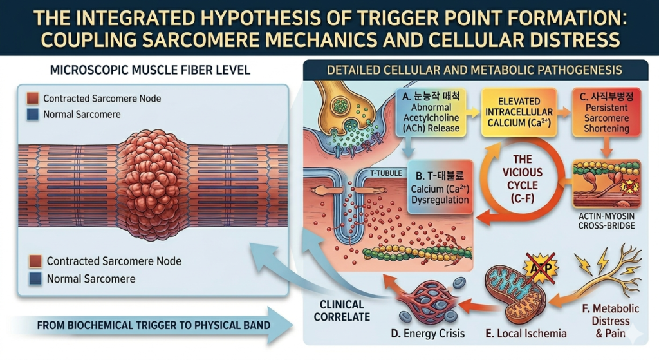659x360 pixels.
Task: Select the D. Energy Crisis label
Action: tap(423, 334)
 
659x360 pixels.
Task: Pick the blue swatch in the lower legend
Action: tap(35, 279)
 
